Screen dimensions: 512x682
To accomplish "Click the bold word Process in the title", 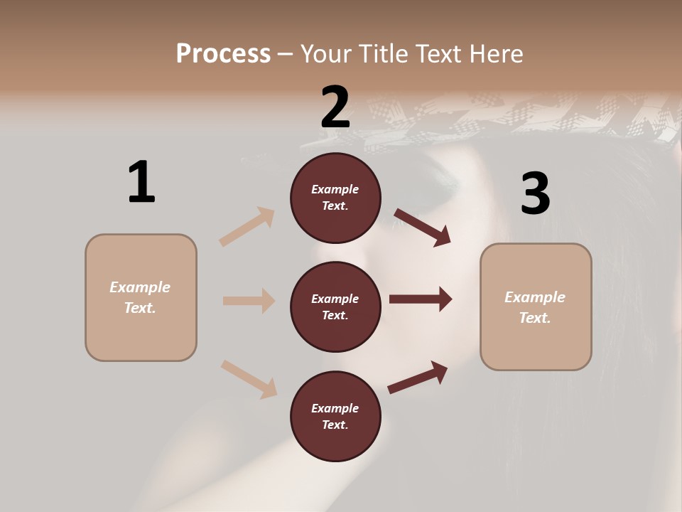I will pos(223,53).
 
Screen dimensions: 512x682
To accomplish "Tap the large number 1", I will pos(141,182).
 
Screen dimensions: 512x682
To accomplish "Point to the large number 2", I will pos(335,107).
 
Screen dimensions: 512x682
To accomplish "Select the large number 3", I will pos(535,193).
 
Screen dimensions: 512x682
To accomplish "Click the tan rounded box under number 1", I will pos(141,297).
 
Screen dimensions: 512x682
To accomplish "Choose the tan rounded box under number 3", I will pos(536,307).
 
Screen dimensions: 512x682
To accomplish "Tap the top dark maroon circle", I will pos(335,198).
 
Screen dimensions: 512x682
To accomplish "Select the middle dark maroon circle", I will pos(335,306).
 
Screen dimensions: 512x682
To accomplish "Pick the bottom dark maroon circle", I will pos(335,416).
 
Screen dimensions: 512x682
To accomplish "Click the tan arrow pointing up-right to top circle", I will pos(247,227).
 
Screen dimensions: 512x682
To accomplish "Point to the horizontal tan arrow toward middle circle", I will pos(249,301).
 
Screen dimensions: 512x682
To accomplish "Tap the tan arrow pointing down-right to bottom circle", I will pos(249,379).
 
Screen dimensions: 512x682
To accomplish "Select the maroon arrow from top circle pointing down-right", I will pos(423,227).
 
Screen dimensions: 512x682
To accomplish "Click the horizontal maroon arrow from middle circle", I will pos(421,299).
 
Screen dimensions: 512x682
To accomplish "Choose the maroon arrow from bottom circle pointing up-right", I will pos(418,377).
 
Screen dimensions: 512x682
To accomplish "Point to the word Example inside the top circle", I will pos(335,189).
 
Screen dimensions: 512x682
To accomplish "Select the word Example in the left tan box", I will pos(140,287).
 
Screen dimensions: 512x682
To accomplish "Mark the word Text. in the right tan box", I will pos(535,318).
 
